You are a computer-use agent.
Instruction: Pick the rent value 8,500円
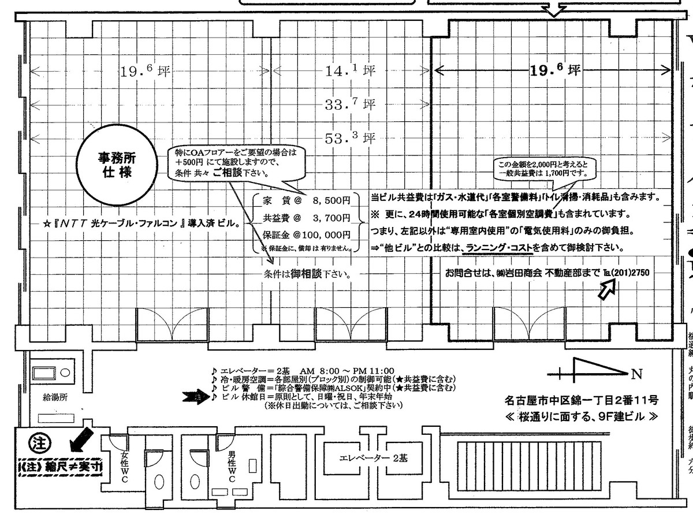pyautogui.click(x=330, y=202)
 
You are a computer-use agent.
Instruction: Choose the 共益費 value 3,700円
pyautogui.click(x=330, y=218)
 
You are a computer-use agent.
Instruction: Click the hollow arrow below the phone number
pyautogui.click(x=606, y=289)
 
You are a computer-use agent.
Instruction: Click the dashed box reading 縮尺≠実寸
pyautogui.click(x=58, y=467)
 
